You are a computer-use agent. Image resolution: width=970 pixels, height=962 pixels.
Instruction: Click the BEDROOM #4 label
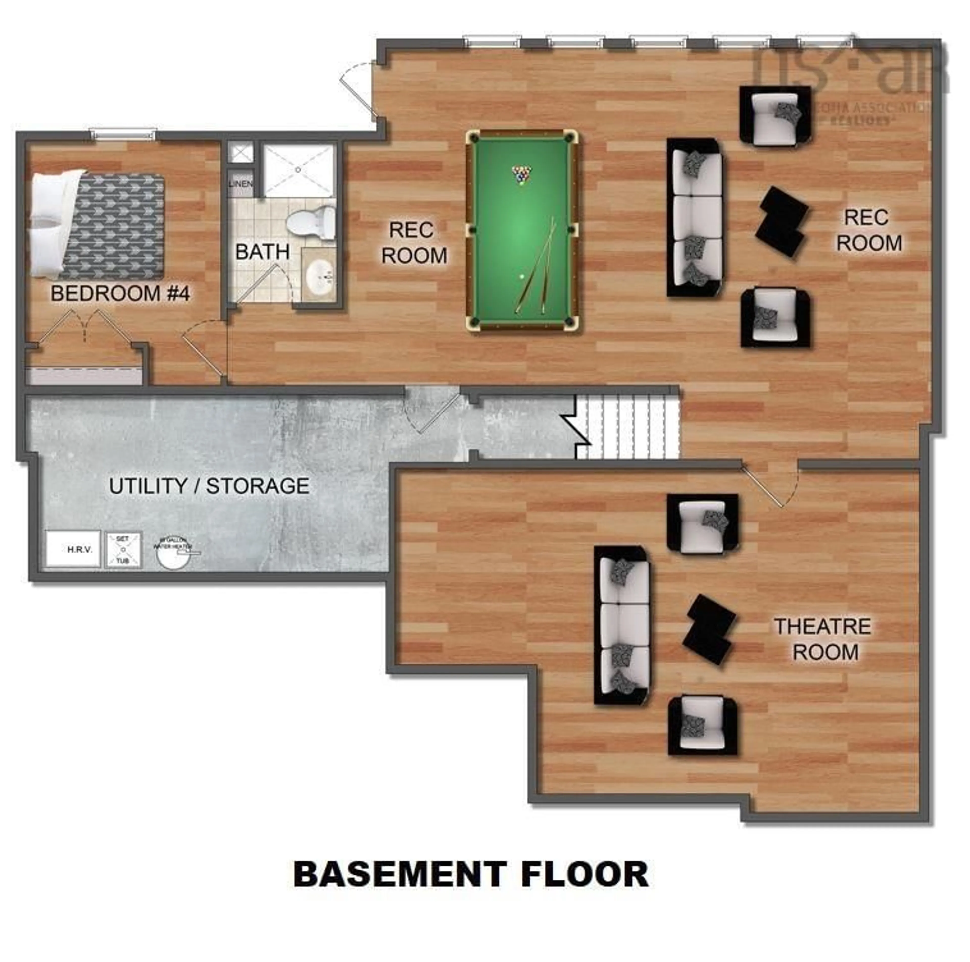click(x=120, y=294)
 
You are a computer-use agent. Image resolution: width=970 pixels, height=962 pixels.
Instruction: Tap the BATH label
click(x=262, y=252)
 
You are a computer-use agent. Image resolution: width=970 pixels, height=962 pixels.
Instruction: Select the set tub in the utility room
click(x=123, y=549)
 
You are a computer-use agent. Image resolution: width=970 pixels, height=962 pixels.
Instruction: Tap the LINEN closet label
click(x=240, y=184)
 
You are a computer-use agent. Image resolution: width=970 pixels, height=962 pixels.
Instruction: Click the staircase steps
click(x=627, y=426)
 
